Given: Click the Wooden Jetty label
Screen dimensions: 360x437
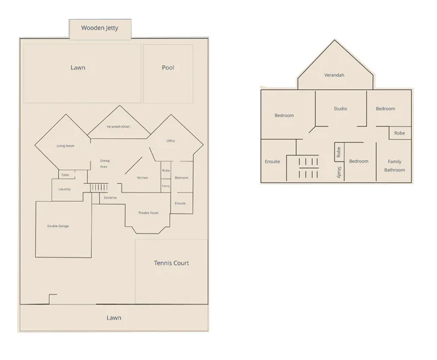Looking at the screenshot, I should pyautogui.click(x=100, y=28).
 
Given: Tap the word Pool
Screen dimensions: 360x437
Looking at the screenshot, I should pyautogui.click(x=168, y=67).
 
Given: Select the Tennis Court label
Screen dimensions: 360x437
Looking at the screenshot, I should pyautogui.click(x=171, y=263).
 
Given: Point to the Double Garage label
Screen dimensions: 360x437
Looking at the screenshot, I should pyautogui.click(x=58, y=226).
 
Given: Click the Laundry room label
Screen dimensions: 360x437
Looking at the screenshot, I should pyautogui.click(x=64, y=189).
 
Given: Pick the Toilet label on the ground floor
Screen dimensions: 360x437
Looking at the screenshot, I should pyautogui.click(x=65, y=175).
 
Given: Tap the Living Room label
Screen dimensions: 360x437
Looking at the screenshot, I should pyautogui.click(x=65, y=146).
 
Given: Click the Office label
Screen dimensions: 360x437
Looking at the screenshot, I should pyautogui.click(x=171, y=141).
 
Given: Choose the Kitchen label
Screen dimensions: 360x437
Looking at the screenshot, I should pyautogui.click(x=142, y=178).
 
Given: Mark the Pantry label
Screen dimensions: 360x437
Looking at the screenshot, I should pyautogui.click(x=166, y=187).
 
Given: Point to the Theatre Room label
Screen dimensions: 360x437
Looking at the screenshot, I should pyautogui.click(x=148, y=212).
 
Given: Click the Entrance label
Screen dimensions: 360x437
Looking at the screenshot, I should pyautogui.click(x=110, y=197).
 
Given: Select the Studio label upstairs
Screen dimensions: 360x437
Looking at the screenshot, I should pyautogui.click(x=340, y=109).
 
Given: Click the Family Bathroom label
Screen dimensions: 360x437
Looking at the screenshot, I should pyautogui.click(x=395, y=165).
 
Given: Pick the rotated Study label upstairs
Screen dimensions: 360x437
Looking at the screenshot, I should pyautogui.click(x=338, y=172).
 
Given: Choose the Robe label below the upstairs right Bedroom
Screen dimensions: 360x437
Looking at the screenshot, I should pyautogui.click(x=399, y=133).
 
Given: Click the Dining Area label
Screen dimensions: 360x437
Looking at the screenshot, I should pyautogui.click(x=104, y=163).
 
